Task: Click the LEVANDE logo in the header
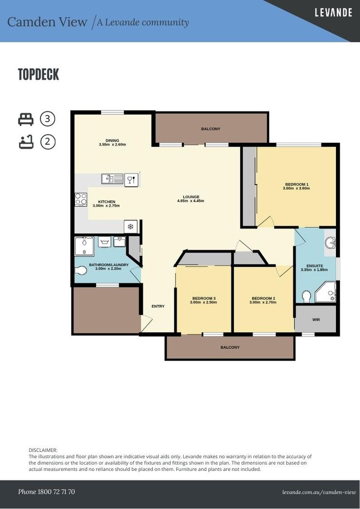(333, 13)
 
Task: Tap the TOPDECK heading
(39, 74)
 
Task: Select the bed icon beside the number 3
(26, 119)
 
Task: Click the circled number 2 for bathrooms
(48, 142)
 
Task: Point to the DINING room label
(112, 140)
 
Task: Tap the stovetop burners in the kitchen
(81, 199)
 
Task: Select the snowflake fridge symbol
(131, 227)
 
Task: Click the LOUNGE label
(191, 197)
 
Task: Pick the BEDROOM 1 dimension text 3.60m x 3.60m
(296, 188)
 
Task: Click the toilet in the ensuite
(305, 296)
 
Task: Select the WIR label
(316, 320)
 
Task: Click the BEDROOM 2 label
(263, 298)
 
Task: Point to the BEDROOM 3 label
(204, 298)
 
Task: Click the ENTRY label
(158, 306)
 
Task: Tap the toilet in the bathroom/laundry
(81, 271)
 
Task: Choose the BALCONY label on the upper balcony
(211, 129)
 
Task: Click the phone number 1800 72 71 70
(46, 492)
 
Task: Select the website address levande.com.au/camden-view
(319, 492)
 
